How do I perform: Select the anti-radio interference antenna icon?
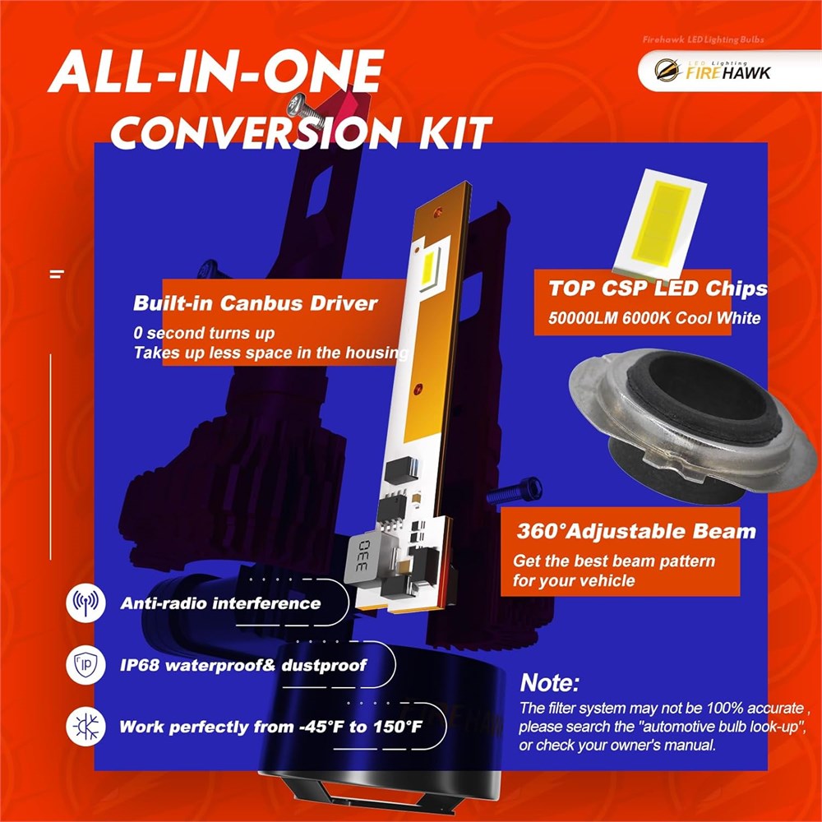coord(85,603)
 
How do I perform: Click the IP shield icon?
coord(85,665)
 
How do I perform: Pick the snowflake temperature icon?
coord(85,727)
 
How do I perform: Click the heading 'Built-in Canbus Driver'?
coord(256,303)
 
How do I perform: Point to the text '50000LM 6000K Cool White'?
coord(654,318)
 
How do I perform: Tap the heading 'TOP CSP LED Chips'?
coord(658,289)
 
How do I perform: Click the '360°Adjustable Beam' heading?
coord(636,532)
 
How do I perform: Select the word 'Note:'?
coord(550,682)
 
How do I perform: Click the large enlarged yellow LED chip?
coord(660,224)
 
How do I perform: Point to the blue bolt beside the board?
coord(515,492)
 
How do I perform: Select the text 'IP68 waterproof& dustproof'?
coord(243,665)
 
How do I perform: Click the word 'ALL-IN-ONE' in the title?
coord(216,72)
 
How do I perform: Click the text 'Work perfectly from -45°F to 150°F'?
coord(271,727)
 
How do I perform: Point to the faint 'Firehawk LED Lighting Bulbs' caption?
coord(704,39)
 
